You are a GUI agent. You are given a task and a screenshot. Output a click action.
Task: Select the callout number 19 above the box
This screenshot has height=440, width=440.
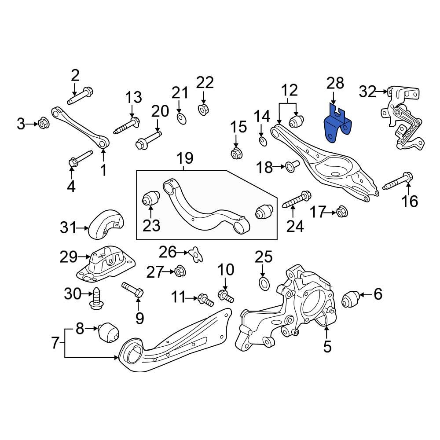click(185, 158)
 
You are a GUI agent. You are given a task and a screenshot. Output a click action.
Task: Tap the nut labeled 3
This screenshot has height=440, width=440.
click(43, 123)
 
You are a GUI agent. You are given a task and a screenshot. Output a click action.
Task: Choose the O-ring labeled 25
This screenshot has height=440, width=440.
click(264, 284)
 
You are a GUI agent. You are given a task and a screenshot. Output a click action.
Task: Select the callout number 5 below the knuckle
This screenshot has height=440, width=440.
click(327, 347)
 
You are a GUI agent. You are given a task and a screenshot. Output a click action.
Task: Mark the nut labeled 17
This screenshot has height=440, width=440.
click(340, 213)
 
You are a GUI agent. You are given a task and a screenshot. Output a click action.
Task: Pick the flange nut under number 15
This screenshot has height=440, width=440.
click(235, 154)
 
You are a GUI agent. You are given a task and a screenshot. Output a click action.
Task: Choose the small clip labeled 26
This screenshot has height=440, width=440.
click(195, 254)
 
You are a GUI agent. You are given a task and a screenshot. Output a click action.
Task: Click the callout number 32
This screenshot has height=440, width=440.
click(368, 92)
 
